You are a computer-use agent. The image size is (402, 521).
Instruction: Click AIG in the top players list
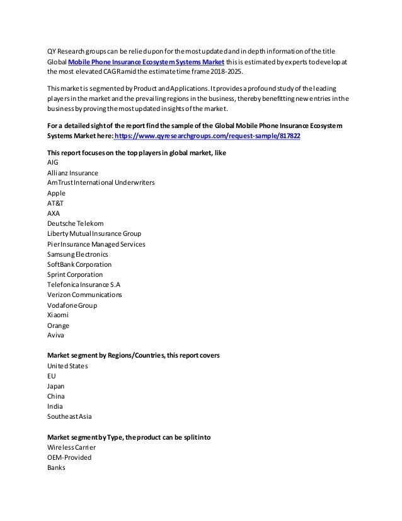[54, 162]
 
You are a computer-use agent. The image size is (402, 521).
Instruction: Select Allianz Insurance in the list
[73, 172]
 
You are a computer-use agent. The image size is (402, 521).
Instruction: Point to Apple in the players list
[57, 193]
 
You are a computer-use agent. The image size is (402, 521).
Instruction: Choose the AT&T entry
[55, 203]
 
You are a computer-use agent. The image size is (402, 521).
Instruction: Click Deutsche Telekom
[76, 223]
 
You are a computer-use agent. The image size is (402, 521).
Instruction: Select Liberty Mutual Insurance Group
[95, 233]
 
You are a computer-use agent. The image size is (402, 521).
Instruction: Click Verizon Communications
[85, 295]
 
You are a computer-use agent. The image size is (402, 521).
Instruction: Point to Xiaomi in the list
[58, 315]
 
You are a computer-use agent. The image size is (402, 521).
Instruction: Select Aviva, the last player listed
[56, 336]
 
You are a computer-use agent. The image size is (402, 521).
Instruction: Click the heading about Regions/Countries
[134, 356]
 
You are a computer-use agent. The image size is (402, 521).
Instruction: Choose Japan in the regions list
[56, 387]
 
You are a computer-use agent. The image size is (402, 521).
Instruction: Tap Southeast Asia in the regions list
[69, 417]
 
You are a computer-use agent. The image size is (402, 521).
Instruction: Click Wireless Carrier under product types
[72, 447]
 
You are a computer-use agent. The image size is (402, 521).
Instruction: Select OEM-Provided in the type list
[69, 457]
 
